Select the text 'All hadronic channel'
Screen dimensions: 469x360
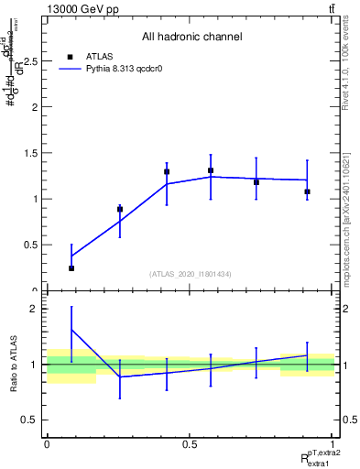tap(191, 38)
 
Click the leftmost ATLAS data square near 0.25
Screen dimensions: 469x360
tap(71, 268)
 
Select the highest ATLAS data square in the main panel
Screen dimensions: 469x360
tap(211, 170)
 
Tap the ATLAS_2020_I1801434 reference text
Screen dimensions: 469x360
tap(191, 274)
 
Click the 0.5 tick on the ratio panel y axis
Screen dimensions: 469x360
tap(29, 420)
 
